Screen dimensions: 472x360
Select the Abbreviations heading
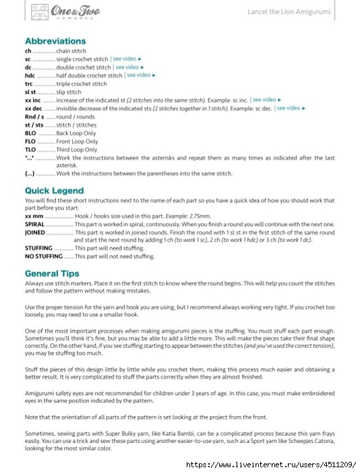point(55,41)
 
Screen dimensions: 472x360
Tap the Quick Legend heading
point(55,191)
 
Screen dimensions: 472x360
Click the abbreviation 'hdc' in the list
point(30,76)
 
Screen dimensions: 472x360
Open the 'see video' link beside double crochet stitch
point(130,67)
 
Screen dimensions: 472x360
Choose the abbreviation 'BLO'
point(30,134)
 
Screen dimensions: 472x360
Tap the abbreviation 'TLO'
point(30,150)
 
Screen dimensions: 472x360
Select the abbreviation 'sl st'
point(30,92)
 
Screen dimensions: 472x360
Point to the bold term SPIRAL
point(35,223)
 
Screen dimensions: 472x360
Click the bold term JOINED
point(35,232)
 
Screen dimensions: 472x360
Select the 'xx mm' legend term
point(34,215)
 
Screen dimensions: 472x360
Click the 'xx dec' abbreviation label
point(34,109)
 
